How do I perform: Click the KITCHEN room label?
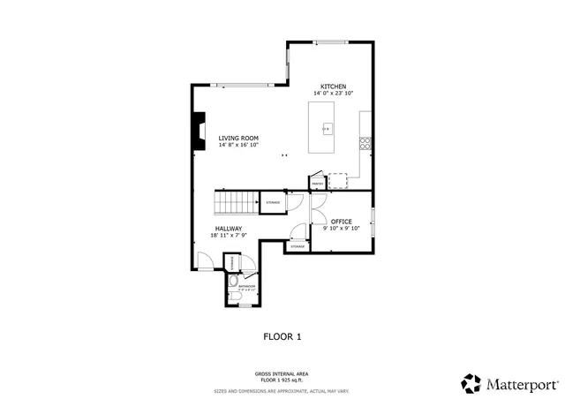point(333,86)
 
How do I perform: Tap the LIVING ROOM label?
point(238,138)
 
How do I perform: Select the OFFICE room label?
point(342,221)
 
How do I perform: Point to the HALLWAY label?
point(227,228)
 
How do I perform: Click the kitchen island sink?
point(326,129)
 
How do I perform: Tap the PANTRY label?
point(317,184)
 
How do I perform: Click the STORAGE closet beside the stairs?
point(274,203)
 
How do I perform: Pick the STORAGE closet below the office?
point(298,246)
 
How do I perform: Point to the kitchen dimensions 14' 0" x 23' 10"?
point(333,94)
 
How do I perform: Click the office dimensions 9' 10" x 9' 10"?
point(342,229)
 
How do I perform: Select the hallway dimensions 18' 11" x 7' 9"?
point(227,236)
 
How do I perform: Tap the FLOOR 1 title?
point(282,336)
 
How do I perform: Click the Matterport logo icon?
point(471,383)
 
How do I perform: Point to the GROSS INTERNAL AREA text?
point(282,373)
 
